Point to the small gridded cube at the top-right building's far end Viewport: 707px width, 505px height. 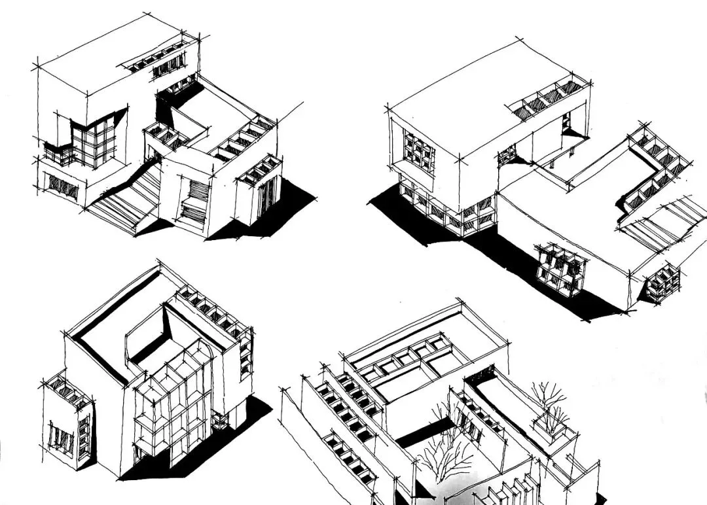pos(662,281)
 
